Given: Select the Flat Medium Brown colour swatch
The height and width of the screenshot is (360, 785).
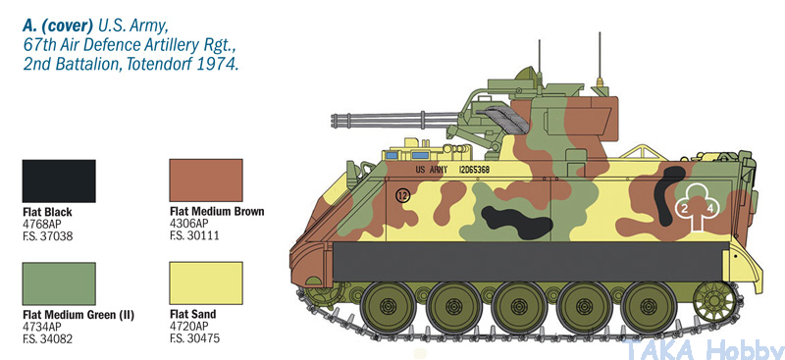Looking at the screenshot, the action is pyautogui.click(x=206, y=180).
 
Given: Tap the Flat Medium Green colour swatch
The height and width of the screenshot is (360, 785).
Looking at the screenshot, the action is pyautogui.click(x=59, y=283).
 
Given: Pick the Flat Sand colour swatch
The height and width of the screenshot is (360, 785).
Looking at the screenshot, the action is pyautogui.click(x=206, y=283).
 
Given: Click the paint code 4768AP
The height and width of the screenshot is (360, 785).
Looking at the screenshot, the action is pyautogui.click(x=42, y=225).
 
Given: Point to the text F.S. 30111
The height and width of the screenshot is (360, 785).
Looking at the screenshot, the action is pyautogui.click(x=194, y=235).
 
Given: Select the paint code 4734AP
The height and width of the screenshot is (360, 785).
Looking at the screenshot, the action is pyautogui.click(x=42, y=328).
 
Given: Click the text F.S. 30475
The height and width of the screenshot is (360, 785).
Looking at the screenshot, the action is pyautogui.click(x=194, y=338).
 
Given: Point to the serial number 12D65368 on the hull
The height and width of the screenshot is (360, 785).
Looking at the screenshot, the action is pyautogui.click(x=474, y=170).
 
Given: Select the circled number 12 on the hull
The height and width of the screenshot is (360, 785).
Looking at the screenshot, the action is pyautogui.click(x=402, y=196).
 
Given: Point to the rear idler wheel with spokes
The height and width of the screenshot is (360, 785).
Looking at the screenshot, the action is pyautogui.click(x=715, y=301).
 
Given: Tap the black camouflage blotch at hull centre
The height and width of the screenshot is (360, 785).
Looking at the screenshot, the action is pyautogui.click(x=517, y=221).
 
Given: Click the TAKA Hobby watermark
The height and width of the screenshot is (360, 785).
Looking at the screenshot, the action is pyautogui.click(x=702, y=348).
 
